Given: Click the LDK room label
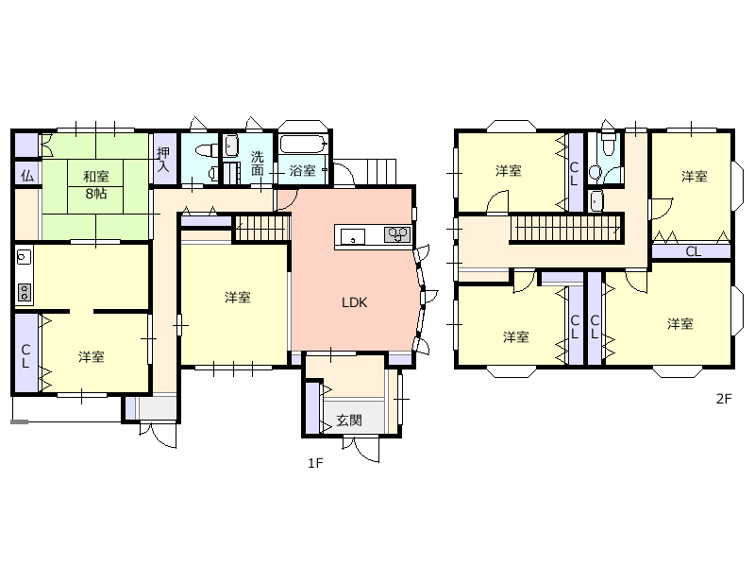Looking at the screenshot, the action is (x=355, y=302).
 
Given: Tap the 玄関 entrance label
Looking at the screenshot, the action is (x=349, y=421).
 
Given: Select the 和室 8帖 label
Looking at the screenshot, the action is (x=96, y=184).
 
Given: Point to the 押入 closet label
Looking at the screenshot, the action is (x=163, y=160).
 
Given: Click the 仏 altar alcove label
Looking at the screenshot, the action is (x=27, y=176).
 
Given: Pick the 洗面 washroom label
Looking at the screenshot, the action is (x=258, y=163).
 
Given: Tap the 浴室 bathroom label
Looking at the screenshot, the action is (x=302, y=170).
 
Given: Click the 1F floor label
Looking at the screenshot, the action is (x=315, y=463).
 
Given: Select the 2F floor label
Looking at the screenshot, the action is (x=724, y=399).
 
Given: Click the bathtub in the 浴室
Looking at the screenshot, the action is (x=303, y=144).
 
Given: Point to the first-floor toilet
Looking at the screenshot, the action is (x=207, y=150).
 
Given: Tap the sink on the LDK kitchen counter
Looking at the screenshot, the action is (x=353, y=237).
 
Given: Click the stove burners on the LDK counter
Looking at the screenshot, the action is (x=397, y=234).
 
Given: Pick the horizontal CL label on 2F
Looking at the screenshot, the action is (x=694, y=251).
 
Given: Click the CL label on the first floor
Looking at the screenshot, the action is (x=26, y=356).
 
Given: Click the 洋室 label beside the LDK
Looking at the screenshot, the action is (x=238, y=298).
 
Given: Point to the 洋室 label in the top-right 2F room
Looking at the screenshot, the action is (x=695, y=177).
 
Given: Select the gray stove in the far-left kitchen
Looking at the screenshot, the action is (x=25, y=292).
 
